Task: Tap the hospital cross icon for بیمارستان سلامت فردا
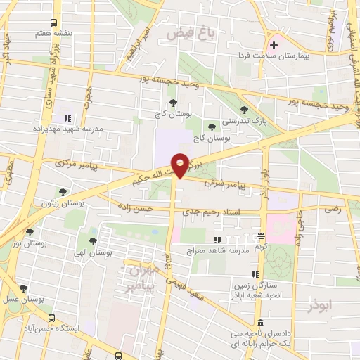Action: coord(274,45)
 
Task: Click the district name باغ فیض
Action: coord(186,32)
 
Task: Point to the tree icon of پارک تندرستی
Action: coord(244,109)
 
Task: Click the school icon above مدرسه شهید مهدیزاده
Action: coord(68,118)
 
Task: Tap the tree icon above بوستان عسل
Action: coord(22,288)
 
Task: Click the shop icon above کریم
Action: coord(261,236)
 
